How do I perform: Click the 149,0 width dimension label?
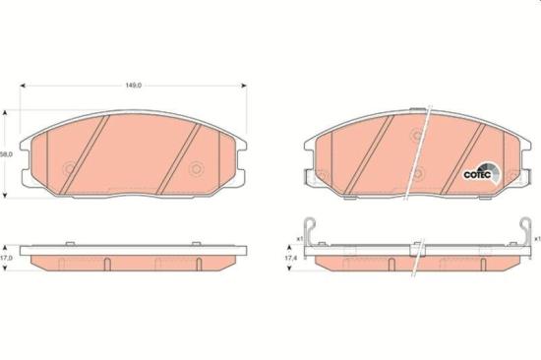(133, 86)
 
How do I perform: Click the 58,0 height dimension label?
(6, 154)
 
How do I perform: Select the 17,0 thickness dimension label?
(6, 258)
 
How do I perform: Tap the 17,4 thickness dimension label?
(291, 258)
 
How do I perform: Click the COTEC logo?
(481, 174)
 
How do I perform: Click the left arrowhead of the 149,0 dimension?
(24, 86)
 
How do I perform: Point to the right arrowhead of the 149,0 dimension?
(244, 86)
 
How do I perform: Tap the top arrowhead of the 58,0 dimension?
(5, 113)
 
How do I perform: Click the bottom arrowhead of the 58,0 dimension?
(5, 196)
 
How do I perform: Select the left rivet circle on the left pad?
(70, 169)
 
